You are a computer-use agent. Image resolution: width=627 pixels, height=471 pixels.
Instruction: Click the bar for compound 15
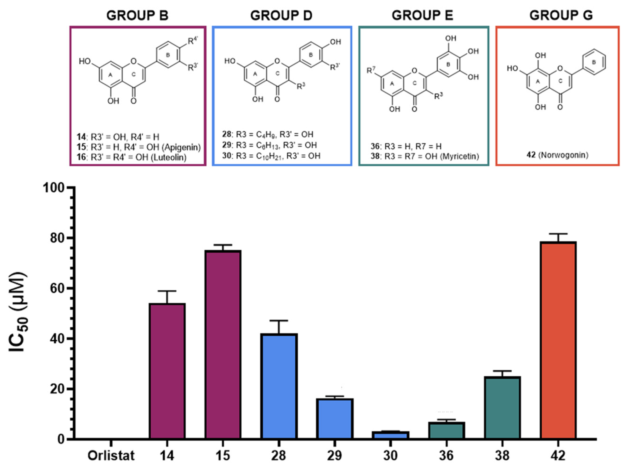(223, 345)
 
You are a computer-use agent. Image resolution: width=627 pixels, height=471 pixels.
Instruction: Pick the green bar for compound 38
(502, 408)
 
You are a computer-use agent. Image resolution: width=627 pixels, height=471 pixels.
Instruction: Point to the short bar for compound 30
(391, 435)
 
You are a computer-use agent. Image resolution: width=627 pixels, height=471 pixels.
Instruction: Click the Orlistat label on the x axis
(111, 456)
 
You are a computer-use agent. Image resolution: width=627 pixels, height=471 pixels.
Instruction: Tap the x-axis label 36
(446, 456)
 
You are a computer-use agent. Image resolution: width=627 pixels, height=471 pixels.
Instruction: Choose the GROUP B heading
(138, 15)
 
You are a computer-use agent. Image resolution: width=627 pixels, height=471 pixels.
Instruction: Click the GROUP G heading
(561, 15)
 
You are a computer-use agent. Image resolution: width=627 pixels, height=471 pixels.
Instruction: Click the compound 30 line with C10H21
(271, 156)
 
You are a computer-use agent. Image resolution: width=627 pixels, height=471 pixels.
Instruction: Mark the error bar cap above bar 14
(167, 291)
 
